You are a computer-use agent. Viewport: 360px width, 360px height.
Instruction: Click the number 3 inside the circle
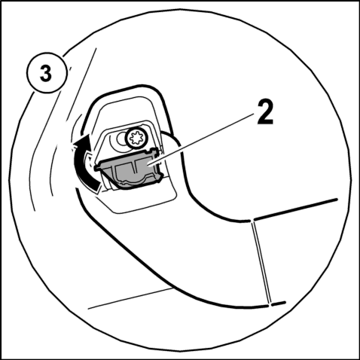[x=46, y=73]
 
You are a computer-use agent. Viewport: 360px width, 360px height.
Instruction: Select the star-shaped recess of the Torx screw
[x=136, y=138]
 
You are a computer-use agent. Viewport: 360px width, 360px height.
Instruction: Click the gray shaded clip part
[x=129, y=168]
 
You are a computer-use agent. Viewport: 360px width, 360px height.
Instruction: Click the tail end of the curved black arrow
[x=97, y=187]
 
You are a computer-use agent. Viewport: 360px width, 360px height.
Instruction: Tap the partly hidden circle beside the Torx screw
[x=122, y=139]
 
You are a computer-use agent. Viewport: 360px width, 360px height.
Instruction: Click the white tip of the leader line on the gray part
[x=151, y=165]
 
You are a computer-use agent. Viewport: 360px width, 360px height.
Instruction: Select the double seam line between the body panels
[x=262, y=262]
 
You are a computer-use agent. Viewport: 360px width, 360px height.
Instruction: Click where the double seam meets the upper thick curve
[x=252, y=221]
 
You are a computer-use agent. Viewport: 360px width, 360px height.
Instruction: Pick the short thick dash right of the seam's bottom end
[x=279, y=304]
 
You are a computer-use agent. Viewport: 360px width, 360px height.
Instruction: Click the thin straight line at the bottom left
[x=130, y=299]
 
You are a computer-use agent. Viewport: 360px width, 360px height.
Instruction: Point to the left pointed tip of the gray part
[x=96, y=168]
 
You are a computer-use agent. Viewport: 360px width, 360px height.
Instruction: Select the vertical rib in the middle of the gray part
[x=134, y=169]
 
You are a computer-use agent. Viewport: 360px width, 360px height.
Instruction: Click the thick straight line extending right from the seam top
[x=296, y=209]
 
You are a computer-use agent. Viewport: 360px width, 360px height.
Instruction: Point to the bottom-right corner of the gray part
[x=160, y=178]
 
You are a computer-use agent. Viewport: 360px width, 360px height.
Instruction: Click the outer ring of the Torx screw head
[x=136, y=138]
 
